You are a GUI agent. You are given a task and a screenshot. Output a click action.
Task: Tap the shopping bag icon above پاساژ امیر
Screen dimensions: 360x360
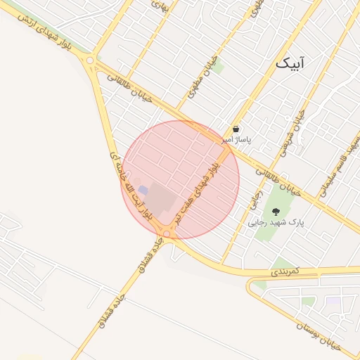click(x=236, y=129)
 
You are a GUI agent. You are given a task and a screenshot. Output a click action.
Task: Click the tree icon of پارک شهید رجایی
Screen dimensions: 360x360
click(x=274, y=211)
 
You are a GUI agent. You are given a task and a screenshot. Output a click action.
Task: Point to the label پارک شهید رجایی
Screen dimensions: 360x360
click(x=275, y=221)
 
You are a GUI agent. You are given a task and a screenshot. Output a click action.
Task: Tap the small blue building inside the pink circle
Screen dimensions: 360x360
click(x=143, y=191)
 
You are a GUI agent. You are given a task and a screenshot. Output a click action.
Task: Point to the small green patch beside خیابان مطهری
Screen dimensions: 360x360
click(x=217, y=67)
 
